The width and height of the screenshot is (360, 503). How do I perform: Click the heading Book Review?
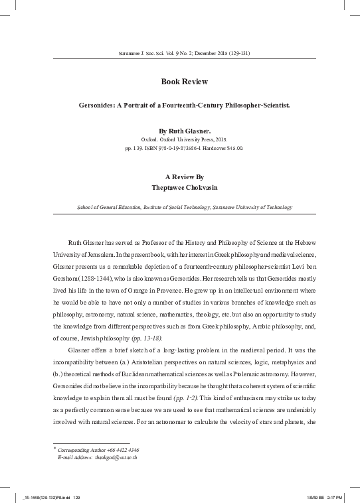point(185,82)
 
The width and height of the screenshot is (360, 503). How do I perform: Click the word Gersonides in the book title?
point(98,105)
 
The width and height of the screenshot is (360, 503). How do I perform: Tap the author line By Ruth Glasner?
point(184,131)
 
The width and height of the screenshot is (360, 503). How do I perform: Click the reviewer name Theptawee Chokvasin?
point(184,186)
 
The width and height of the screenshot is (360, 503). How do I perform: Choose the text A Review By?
point(184,177)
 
